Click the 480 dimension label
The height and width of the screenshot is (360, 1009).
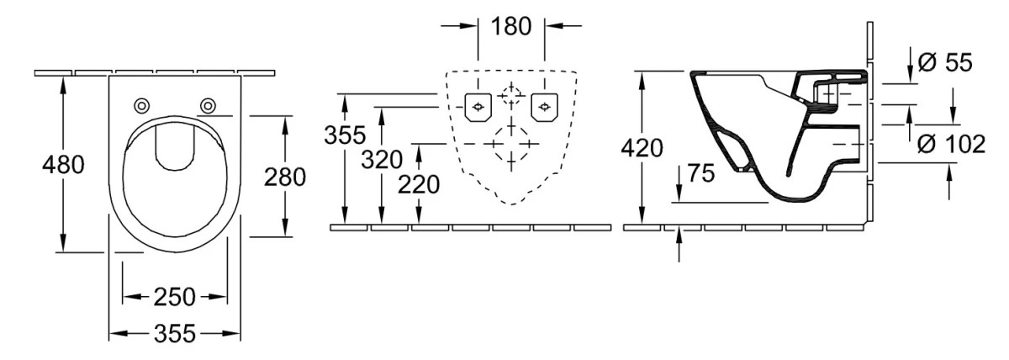(x=63, y=165)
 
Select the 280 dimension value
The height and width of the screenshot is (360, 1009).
(x=285, y=177)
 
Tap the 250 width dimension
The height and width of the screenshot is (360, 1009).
(x=174, y=297)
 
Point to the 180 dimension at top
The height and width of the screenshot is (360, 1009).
(x=511, y=26)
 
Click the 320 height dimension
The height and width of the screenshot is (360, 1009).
(x=382, y=160)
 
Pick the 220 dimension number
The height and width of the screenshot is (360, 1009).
(x=419, y=185)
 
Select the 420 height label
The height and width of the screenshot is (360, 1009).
(x=642, y=148)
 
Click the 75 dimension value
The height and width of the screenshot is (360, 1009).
(x=701, y=173)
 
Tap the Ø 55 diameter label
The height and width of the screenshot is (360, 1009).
(x=945, y=62)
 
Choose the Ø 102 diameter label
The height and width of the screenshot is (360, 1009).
(x=951, y=145)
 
